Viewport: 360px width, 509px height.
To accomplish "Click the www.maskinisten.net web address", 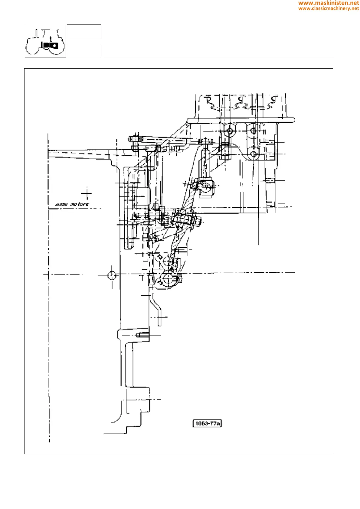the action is point(329,3).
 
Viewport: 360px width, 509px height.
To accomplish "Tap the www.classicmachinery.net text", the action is point(329,8).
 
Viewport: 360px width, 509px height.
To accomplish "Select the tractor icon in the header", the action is point(45,41).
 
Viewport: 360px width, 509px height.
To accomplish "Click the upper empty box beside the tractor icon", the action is point(84,31).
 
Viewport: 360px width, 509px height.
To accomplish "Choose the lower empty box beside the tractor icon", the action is point(84,50).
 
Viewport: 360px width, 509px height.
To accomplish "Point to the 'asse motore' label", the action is point(72,205).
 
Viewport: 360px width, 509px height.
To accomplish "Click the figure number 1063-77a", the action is point(207,423).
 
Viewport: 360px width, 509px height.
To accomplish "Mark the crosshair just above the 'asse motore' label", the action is point(87,193).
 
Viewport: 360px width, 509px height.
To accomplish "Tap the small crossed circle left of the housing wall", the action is point(112,275).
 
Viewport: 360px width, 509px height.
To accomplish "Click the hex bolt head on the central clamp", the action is point(198,222).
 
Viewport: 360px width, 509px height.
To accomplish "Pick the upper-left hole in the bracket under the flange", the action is point(230,131).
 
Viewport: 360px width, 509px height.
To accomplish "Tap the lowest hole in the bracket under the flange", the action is point(254,154).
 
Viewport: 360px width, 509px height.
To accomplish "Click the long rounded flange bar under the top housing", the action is point(241,120).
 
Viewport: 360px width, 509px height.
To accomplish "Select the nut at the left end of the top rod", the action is point(135,139).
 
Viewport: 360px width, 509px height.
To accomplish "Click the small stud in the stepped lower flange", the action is point(142,335).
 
